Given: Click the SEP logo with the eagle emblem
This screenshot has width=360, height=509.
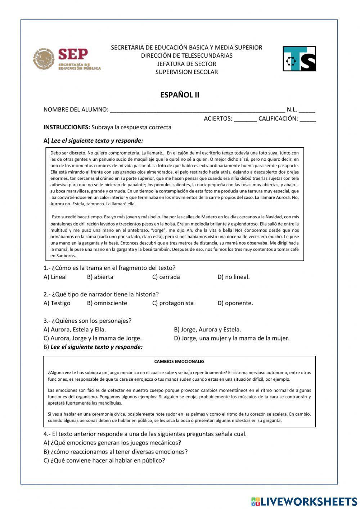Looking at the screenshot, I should coord(67,59).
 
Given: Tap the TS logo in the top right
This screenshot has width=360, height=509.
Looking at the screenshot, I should coord(299,59).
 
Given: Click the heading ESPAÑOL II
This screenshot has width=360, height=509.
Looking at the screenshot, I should coord(180,95).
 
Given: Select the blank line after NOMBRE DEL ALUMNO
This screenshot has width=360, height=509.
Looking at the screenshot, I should coord(197,110).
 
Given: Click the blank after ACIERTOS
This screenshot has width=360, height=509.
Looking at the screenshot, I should coord(245,119).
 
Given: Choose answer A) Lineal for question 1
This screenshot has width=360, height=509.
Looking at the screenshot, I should coord(55,277).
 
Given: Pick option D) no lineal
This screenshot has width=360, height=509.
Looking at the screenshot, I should coord(233,277).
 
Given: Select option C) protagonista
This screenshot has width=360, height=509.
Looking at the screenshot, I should coord(173,303).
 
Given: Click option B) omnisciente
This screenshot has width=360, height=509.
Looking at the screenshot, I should coord(107,303).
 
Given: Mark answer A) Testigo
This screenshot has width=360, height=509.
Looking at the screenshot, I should coord(57,303).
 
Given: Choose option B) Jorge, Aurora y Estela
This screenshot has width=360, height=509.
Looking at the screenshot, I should coord(207,329).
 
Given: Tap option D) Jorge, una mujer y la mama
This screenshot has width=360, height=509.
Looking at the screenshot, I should coord(231,338).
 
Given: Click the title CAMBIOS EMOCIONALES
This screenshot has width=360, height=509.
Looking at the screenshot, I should coord(179,361).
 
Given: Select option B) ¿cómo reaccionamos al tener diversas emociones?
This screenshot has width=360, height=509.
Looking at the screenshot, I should coord(116,451).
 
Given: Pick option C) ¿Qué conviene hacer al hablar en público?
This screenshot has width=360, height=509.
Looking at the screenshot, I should coord(104,460).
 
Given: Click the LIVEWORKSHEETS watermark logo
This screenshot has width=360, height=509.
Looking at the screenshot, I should coord(304,501).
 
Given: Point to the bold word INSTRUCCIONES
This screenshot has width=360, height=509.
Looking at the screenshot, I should coord(66,127).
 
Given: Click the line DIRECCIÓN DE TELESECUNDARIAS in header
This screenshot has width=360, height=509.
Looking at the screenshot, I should coord(186,55).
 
